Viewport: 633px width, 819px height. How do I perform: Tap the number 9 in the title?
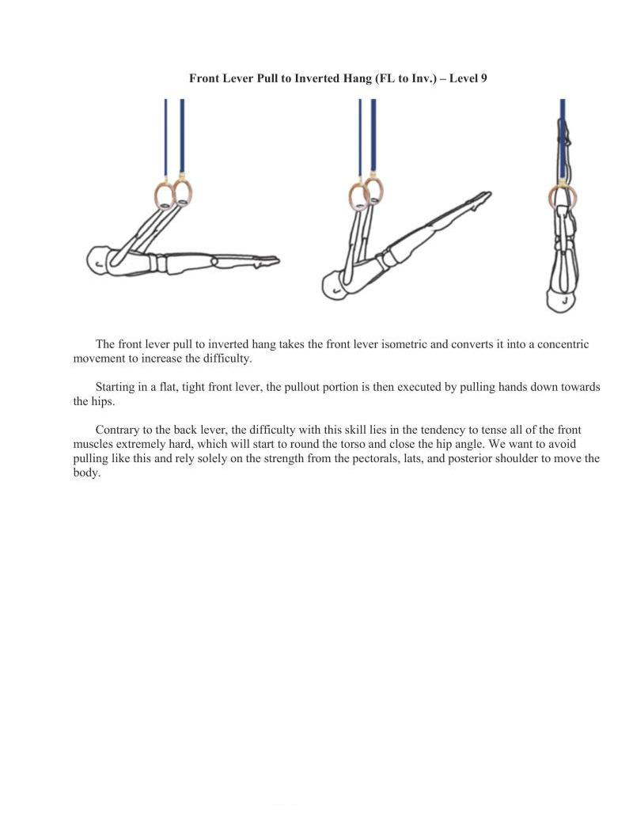(x=484, y=78)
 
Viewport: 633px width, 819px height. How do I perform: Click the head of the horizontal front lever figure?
(x=98, y=260)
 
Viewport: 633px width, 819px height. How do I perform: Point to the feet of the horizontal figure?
(x=269, y=260)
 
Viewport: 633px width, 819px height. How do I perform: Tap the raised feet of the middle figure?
(x=480, y=196)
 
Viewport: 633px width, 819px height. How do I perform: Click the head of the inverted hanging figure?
(x=559, y=300)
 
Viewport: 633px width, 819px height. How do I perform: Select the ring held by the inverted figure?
(x=563, y=198)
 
